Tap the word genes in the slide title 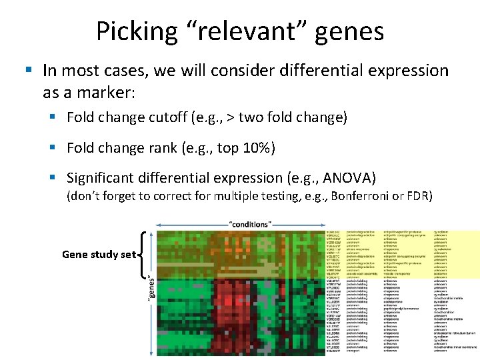[351, 31]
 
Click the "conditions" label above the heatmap [249, 223]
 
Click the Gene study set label [99, 254]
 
